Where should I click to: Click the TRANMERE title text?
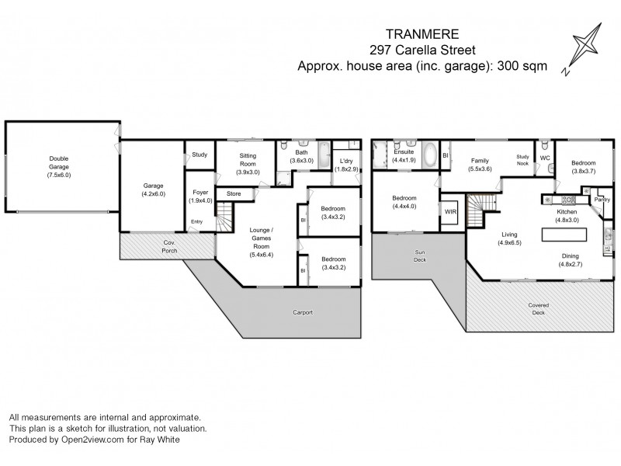(423, 34)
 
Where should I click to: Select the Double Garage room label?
(59, 167)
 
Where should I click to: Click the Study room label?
(199, 155)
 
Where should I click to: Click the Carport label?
(303, 312)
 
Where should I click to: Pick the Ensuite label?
(404, 155)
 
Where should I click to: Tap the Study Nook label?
(522, 160)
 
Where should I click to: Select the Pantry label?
(602, 200)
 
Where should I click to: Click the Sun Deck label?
(419, 256)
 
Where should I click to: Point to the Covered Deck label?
(538, 308)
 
